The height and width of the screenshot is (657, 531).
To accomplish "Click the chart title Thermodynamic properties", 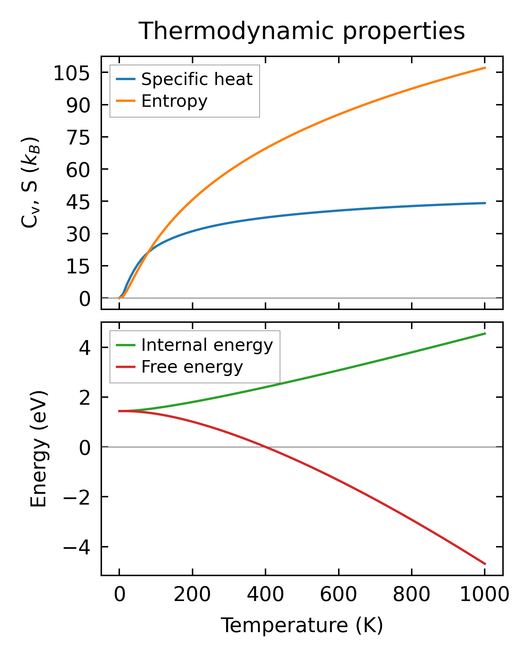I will [x=301, y=31].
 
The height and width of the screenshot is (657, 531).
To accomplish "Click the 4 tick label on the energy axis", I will [x=85, y=348].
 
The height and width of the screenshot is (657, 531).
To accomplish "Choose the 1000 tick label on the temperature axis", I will [x=485, y=595].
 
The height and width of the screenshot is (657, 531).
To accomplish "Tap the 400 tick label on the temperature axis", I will [x=265, y=595].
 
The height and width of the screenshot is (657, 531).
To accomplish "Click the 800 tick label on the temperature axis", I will [x=411, y=595].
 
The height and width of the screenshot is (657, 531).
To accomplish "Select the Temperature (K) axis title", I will [x=301, y=626].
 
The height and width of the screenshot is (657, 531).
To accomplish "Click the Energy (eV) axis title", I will [x=38, y=449].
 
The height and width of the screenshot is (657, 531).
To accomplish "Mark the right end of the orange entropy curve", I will [x=485, y=68].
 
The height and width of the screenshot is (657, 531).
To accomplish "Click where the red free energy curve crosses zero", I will [x=265, y=447].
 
